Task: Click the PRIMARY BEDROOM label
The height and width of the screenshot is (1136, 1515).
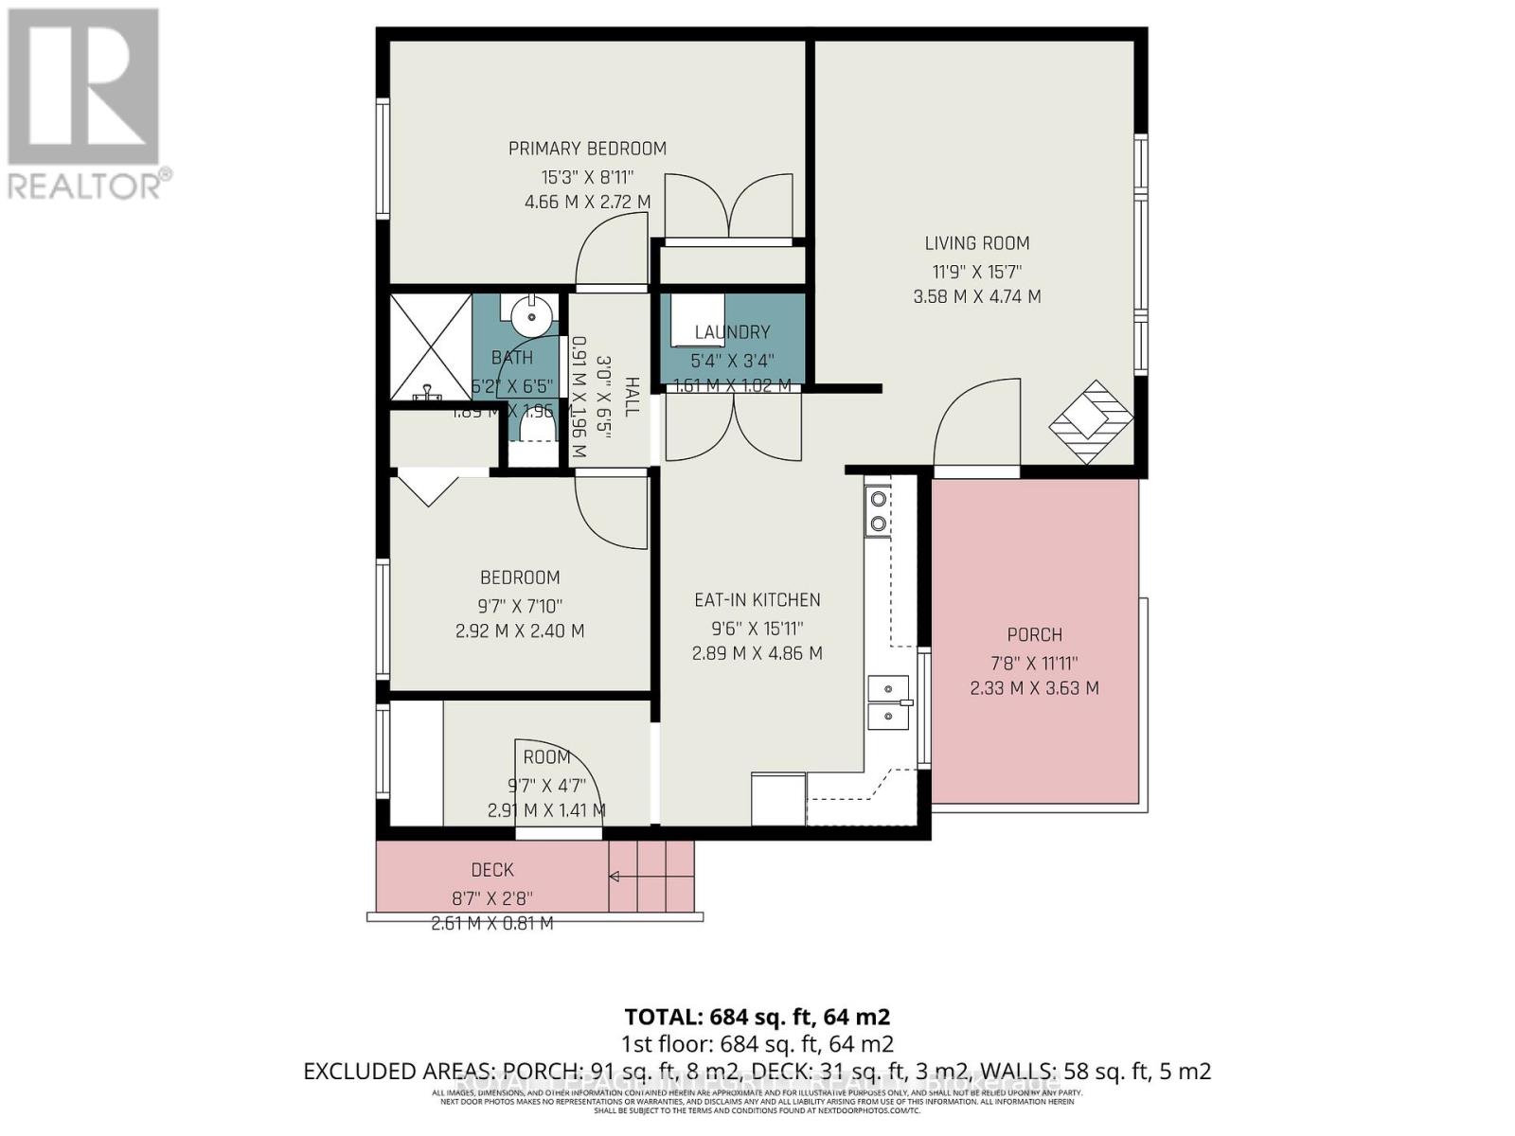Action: click(x=587, y=149)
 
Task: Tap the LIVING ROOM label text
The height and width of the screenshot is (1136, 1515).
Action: click(x=977, y=243)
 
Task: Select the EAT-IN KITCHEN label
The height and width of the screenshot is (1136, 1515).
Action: click(x=757, y=600)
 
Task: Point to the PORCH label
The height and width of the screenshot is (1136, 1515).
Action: click(x=1034, y=635)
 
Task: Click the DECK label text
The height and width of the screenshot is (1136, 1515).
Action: click(x=492, y=870)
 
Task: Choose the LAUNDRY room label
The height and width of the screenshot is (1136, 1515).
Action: click(x=732, y=332)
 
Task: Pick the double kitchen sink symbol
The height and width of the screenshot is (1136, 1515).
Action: click(x=888, y=702)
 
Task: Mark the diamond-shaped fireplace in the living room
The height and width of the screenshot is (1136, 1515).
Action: click(x=1091, y=421)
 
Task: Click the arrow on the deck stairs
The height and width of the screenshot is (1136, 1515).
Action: click(x=615, y=877)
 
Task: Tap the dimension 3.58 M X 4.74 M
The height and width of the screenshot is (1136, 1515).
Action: click(x=977, y=297)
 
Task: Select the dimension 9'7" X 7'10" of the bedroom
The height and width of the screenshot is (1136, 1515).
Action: click(x=520, y=606)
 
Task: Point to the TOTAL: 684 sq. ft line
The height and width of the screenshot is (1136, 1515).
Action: click(x=757, y=1017)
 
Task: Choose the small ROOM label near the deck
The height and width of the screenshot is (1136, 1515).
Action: click(x=547, y=757)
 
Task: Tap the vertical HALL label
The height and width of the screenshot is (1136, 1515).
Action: click(x=632, y=396)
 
